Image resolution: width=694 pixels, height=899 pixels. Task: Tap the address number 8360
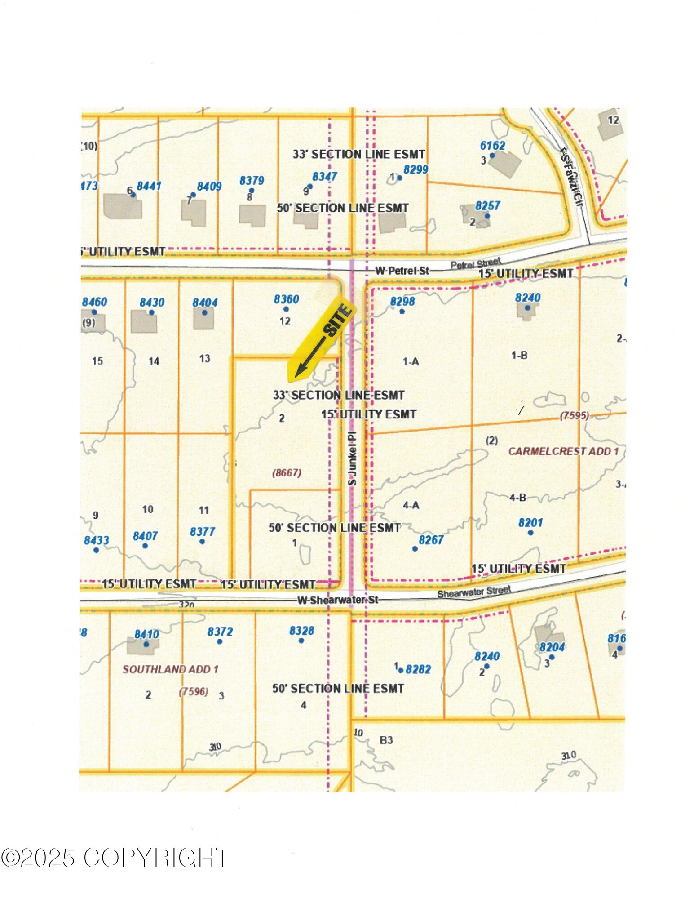pos(286,299)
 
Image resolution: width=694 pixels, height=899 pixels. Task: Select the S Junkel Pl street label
pos(353,458)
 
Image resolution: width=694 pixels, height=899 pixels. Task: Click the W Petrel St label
pos(402,271)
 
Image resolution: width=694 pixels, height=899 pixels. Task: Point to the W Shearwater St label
pos(338,600)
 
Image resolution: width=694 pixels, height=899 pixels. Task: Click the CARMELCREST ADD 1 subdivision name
pos(563,451)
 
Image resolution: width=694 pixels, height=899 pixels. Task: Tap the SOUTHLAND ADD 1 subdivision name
pos(170,669)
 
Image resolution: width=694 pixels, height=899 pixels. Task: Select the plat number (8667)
pos(287,473)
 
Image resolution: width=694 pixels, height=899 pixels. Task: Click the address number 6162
pos(492,146)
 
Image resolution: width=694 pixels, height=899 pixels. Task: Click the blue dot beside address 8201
pos(530,533)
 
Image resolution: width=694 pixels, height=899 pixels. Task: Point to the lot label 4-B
pos(517,498)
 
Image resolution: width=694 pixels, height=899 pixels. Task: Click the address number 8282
pos(418,669)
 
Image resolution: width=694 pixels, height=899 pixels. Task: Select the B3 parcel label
pos(386,740)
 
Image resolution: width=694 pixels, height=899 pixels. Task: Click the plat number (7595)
pos(574,416)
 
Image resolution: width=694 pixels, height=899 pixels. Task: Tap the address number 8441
pos(149,186)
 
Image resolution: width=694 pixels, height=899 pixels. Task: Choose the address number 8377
pos(202,532)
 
